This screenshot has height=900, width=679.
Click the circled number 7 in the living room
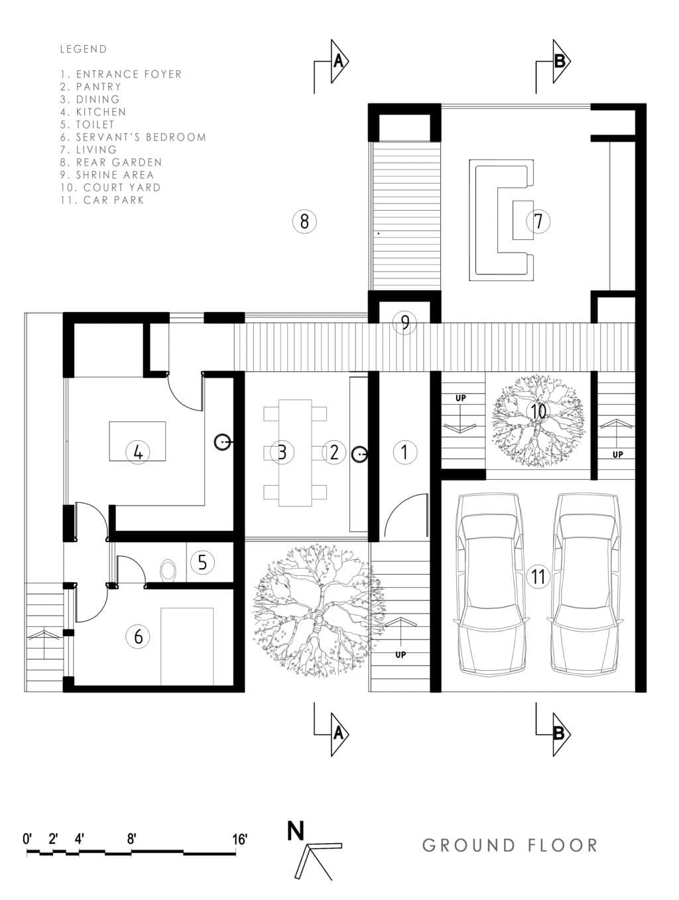538,221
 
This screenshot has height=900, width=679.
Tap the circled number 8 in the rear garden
304,221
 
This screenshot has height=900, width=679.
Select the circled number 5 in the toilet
202,563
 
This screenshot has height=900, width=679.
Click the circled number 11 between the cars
538,577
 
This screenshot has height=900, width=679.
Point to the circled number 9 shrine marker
404,323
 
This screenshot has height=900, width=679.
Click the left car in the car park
491,583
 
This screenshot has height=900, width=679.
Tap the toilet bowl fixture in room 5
168,569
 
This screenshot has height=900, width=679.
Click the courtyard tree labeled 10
538,421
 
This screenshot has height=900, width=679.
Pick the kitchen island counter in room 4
137,441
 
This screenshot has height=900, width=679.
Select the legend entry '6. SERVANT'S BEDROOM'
133,137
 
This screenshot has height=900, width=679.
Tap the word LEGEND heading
83,49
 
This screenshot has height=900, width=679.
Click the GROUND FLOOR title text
510,846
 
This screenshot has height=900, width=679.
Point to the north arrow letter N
296,830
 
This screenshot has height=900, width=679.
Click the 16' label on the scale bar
239,839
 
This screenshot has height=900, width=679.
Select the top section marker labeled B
560,62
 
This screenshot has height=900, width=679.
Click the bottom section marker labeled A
338,733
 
